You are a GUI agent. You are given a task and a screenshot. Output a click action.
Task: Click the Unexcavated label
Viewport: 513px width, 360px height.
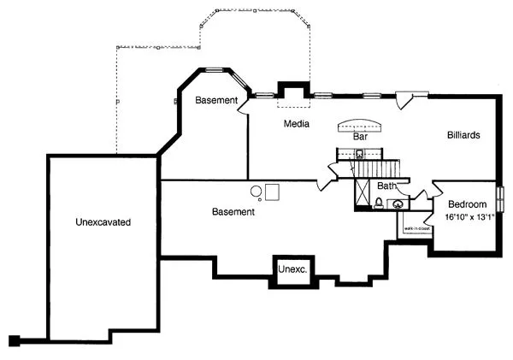pyautogui.click(x=102, y=221)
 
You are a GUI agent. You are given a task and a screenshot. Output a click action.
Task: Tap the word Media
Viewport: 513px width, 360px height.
pyautogui.click(x=297, y=125)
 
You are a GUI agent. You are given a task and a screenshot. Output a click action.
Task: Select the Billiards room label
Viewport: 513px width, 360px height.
pyautogui.click(x=463, y=135)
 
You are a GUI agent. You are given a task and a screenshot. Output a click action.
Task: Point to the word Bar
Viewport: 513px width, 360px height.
pyautogui.click(x=360, y=136)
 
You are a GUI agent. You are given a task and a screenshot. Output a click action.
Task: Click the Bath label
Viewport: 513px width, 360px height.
pyautogui.click(x=386, y=186)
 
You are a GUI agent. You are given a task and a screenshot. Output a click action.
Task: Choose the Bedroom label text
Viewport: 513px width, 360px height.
pyautogui.click(x=467, y=204)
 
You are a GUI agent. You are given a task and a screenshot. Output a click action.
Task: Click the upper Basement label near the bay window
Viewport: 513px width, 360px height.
pyautogui.click(x=215, y=101)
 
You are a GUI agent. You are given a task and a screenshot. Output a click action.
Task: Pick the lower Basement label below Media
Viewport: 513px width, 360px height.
pyautogui.click(x=233, y=211)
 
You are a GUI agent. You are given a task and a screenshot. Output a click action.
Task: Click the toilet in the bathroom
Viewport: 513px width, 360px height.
pyautogui.click(x=379, y=203)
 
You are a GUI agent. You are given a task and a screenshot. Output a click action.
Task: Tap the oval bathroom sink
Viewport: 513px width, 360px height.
pyautogui.click(x=398, y=204)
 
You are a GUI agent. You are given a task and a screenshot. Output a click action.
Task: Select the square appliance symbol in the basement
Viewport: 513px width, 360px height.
pyautogui.click(x=273, y=190)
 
